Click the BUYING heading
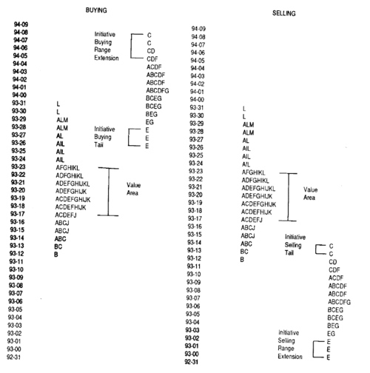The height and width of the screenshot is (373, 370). tap(96, 10)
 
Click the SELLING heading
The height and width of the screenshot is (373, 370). tap(284, 13)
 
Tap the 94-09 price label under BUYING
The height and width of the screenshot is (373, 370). tap(21, 24)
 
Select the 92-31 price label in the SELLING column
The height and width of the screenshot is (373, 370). tap(192, 362)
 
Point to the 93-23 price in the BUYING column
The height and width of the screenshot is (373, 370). tap(18, 167)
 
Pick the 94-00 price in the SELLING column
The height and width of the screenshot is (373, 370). tap(197, 100)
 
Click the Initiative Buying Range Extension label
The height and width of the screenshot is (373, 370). tap(107, 46)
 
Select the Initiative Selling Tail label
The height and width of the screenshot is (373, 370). tap(295, 245)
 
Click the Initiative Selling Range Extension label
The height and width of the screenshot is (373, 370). tap(290, 345)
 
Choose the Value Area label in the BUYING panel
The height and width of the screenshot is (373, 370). tap(133, 189)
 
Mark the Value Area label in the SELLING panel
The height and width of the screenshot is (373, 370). tap(310, 194)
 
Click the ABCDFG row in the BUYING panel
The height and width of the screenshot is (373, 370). tap(158, 90)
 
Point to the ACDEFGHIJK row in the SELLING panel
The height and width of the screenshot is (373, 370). tap(258, 204)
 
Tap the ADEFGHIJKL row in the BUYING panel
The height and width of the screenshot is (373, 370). tap(73, 184)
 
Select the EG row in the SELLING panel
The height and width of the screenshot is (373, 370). tap(331, 334)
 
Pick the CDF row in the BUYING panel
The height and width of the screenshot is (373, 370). tap(152, 59)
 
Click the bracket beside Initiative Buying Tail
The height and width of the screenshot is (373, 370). tap(129, 137)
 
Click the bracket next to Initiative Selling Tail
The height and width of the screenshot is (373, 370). tap(316, 249)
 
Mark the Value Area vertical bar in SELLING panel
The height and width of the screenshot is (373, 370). tap(288, 197)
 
